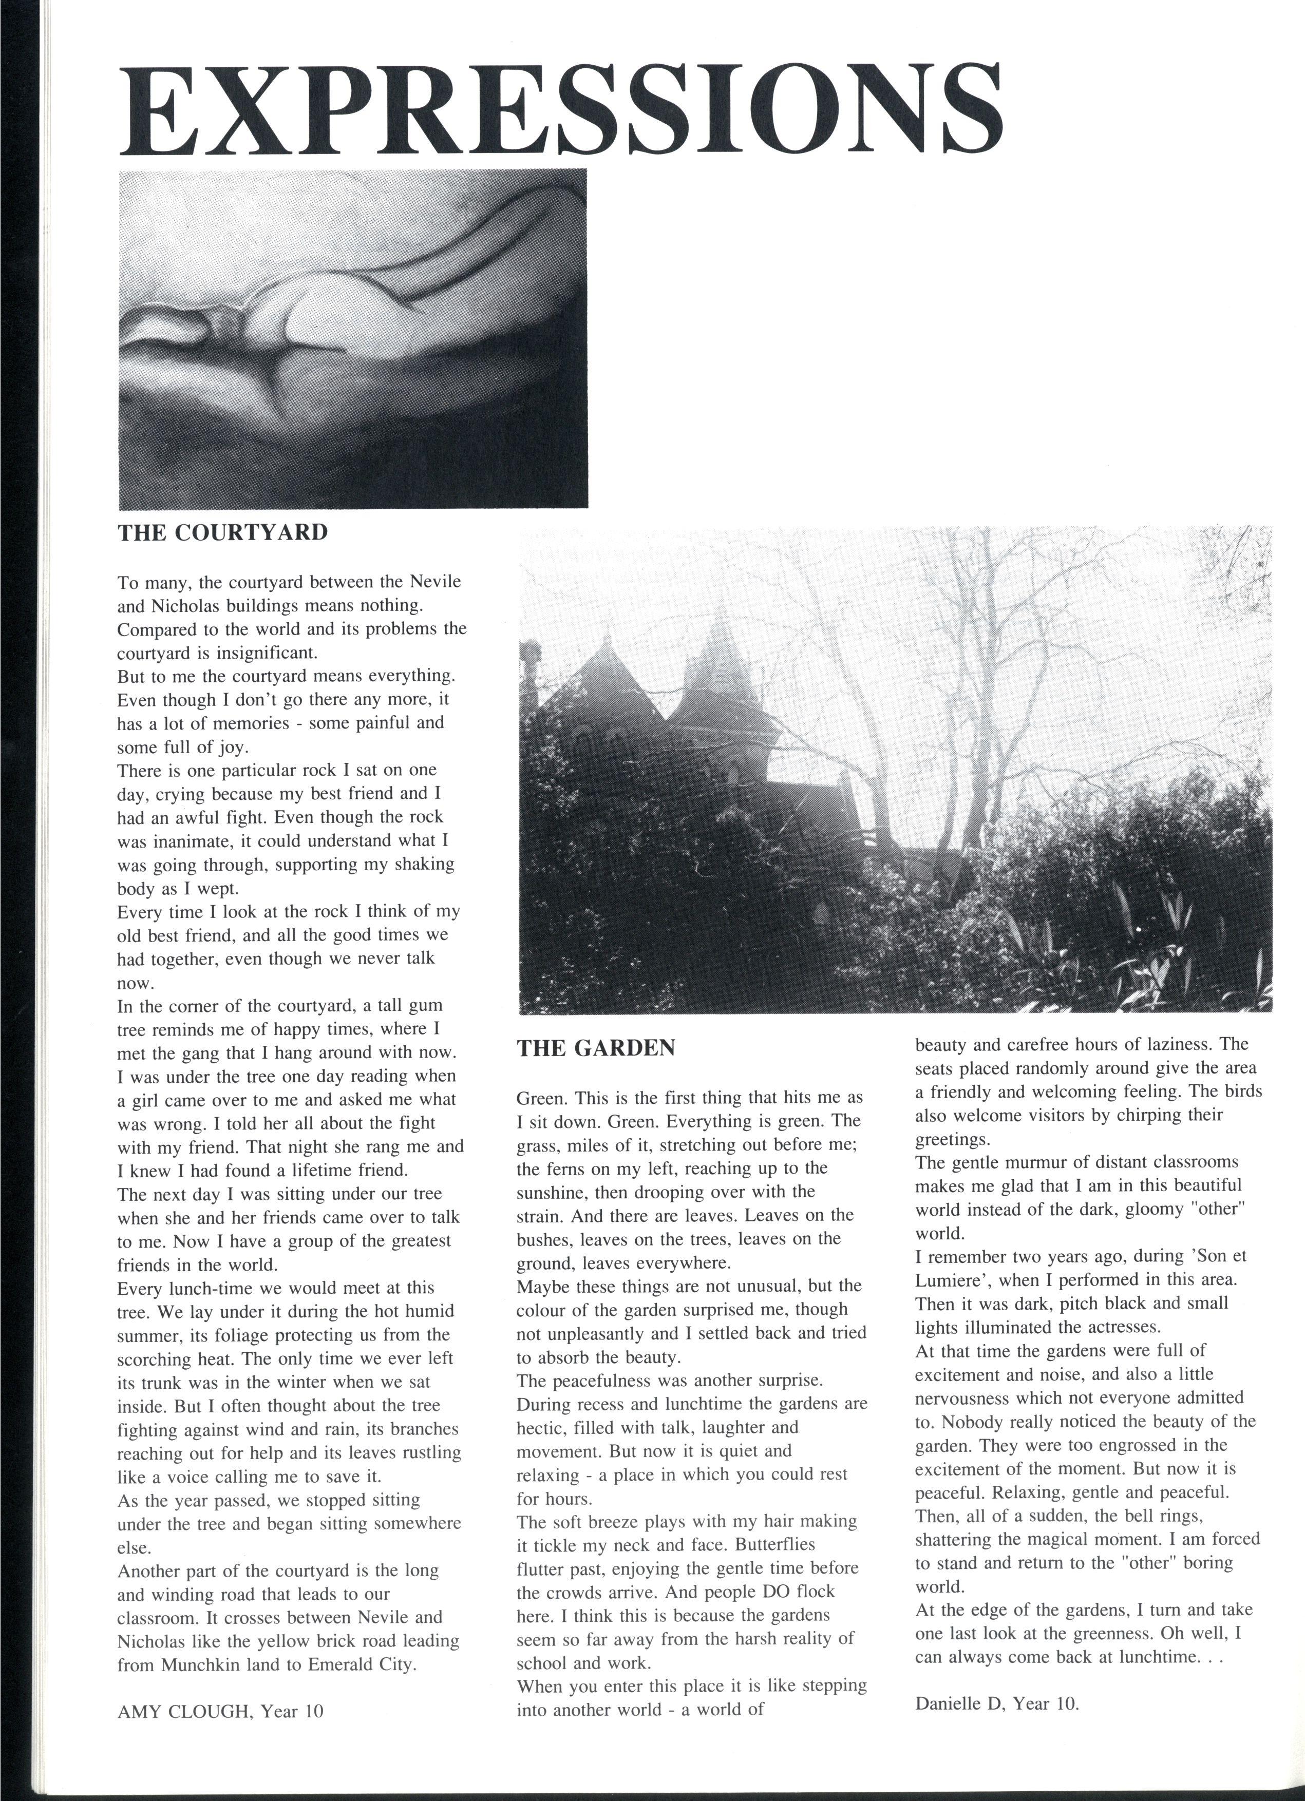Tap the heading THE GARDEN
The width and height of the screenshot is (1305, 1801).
coord(596,1048)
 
